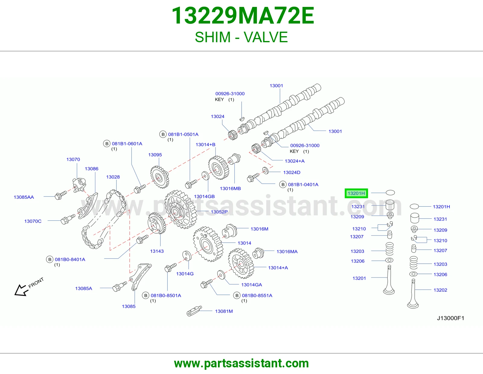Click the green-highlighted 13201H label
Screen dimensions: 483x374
click(356, 193)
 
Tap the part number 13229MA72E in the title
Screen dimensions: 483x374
click(243, 16)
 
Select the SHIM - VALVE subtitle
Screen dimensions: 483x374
click(241, 37)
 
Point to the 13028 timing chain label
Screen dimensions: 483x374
click(113, 177)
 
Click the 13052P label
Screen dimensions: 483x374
click(219, 212)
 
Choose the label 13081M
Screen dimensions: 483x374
click(224, 311)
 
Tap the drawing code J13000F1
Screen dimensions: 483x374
click(450, 318)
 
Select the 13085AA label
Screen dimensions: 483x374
click(24, 197)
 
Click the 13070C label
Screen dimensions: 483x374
click(33, 221)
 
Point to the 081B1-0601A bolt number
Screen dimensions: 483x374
click(127, 144)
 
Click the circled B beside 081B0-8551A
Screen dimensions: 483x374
click(237, 295)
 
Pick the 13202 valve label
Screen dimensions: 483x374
click(440, 290)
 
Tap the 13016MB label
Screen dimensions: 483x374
click(230, 189)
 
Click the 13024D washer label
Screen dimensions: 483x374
click(292, 172)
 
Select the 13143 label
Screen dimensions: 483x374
click(157, 251)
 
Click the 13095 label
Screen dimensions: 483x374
click(155, 155)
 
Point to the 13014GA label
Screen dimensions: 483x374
click(252, 285)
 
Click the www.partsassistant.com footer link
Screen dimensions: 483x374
click(241, 363)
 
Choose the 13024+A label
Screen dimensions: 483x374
click(295, 161)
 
